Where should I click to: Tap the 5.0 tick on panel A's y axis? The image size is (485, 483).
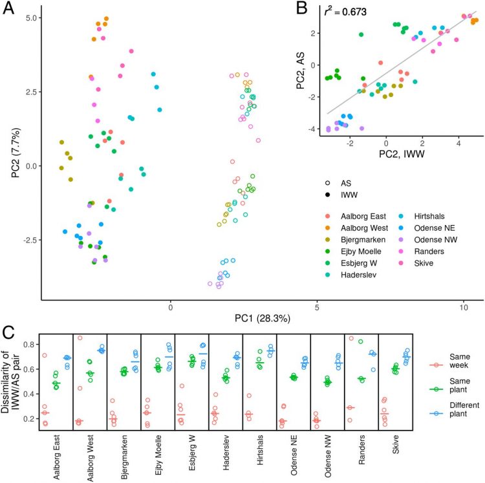30,18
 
